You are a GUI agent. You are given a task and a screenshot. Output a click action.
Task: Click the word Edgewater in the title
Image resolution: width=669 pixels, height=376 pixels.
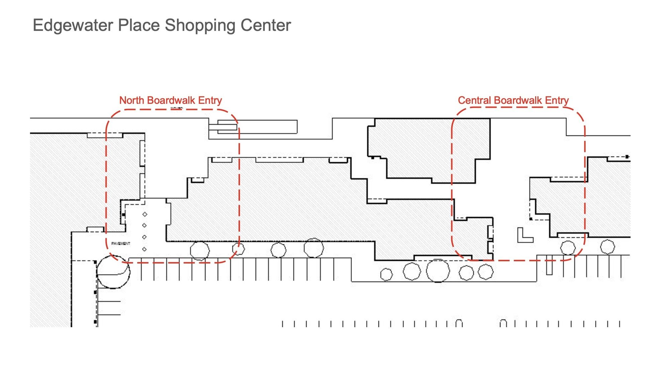pyautogui.click(x=73, y=25)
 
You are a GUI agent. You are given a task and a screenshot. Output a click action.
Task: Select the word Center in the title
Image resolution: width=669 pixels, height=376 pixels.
pyautogui.click(x=266, y=25)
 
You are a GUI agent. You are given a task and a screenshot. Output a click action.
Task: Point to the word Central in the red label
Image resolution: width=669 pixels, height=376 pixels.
pyautogui.click(x=474, y=100)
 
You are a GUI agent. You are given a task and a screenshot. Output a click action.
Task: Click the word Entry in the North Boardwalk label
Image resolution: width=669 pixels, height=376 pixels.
pyautogui.click(x=210, y=100)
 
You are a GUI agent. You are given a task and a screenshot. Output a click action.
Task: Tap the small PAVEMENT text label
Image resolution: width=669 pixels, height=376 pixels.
pyautogui.click(x=120, y=244)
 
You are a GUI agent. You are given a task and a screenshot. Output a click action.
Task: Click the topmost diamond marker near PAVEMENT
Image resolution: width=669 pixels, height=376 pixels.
pyautogui.click(x=145, y=214)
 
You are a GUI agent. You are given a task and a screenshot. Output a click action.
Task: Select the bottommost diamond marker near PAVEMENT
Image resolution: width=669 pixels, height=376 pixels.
pyautogui.click(x=145, y=249)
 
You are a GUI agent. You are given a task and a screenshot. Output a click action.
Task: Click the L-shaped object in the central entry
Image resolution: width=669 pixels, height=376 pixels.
pyautogui.click(x=523, y=236)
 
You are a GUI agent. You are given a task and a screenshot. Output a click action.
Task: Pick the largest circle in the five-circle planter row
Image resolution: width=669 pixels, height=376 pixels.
pyautogui.click(x=438, y=271)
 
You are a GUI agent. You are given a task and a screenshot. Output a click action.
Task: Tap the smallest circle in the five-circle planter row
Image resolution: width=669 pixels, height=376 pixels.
pyautogui.click(x=386, y=275)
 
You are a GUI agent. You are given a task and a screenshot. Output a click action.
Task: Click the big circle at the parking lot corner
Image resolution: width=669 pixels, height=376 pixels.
pyautogui.click(x=113, y=272)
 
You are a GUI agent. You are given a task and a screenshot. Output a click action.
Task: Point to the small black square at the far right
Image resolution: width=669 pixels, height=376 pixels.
pyautogui.click(x=627, y=157)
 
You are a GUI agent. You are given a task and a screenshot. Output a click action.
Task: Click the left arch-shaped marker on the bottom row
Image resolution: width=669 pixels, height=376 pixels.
pyautogui.click(x=459, y=323)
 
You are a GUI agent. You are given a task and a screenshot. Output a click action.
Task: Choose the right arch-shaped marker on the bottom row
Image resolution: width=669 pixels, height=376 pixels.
pyautogui.click(x=503, y=323)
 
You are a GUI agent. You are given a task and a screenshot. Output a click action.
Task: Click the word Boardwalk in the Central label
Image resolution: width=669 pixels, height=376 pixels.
pyautogui.click(x=518, y=100)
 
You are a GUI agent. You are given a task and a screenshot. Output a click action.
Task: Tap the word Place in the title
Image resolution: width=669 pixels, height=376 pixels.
pyautogui.click(x=139, y=25)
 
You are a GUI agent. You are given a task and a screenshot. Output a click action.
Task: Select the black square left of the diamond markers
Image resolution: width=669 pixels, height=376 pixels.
pyautogui.click(x=123, y=215)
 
